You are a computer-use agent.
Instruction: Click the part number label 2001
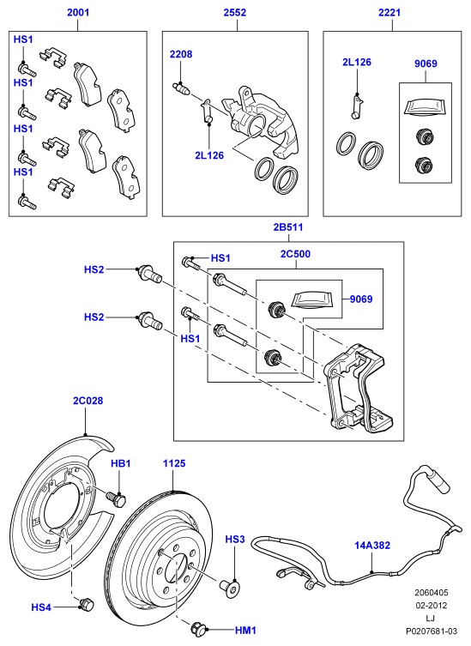[x=78, y=12]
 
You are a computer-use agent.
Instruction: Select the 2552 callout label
[x=235, y=12]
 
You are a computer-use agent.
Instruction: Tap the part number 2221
[x=389, y=12]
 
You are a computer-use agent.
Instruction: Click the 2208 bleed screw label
[x=181, y=54]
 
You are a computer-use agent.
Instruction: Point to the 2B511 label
[x=288, y=227]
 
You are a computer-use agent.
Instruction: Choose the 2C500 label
[x=295, y=254]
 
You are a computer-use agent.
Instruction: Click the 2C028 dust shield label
[x=88, y=401]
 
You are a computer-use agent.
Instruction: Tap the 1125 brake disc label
[x=174, y=463]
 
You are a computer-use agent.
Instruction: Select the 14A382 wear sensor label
[x=372, y=545]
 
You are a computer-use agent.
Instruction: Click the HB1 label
[x=121, y=463]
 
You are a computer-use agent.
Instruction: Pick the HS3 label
[x=235, y=539]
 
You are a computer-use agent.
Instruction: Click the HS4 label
[x=41, y=607]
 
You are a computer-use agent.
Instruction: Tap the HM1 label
[x=245, y=630]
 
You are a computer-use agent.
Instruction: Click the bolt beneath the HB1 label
[x=116, y=499]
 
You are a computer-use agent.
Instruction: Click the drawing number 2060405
[x=431, y=593]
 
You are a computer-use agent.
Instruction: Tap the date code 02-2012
[x=431, y=605]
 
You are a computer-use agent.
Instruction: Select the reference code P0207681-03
[x=431, y=631]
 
